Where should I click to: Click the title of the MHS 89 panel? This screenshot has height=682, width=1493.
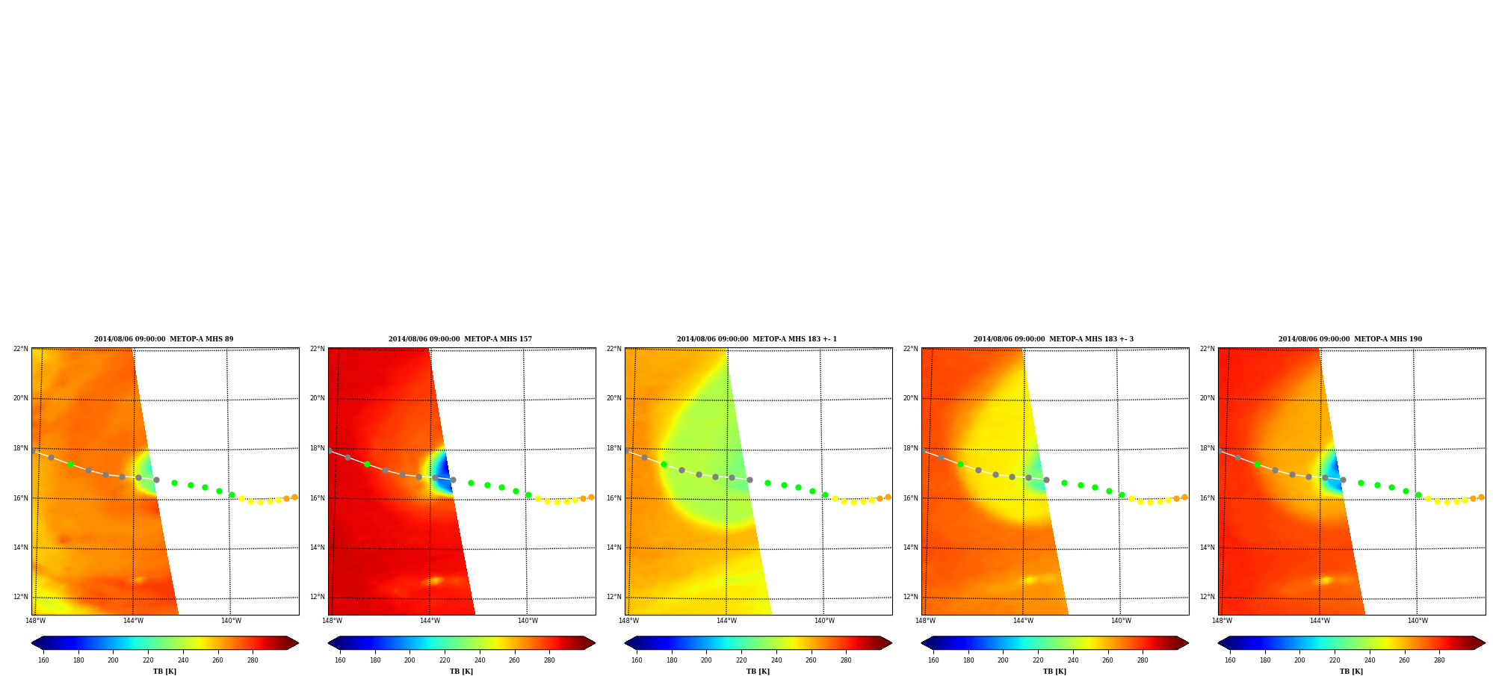point(164,339)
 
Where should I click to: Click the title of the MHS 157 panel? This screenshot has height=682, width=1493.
point(460,339)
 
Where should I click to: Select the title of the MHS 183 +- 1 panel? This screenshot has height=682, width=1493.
point(757,339)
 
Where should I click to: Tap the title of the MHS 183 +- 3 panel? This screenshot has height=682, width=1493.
point(1054,339)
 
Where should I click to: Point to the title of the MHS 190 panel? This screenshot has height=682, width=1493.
point(1350,339)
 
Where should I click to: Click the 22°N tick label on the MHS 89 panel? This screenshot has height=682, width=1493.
point(21,349)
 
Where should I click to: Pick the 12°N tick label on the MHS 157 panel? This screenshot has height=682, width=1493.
point(318,597)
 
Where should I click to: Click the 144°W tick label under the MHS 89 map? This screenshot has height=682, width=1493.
point(133,621)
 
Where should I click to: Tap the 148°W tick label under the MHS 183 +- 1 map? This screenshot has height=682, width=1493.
point(628,621)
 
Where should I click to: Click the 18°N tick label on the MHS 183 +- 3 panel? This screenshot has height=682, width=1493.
point(911,448)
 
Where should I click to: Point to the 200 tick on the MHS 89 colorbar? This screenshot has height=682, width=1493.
point(113,660)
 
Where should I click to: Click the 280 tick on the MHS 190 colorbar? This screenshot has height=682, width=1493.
point(1439,660)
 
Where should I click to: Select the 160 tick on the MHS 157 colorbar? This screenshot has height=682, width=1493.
point(340,660)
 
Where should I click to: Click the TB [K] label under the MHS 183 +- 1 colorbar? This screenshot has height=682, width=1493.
point(758,672)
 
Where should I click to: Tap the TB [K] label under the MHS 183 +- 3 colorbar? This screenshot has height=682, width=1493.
point(1054,672)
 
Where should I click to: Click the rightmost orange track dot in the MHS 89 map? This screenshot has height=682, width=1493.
point(294,497)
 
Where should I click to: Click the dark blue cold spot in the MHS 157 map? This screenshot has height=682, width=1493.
point(445,475)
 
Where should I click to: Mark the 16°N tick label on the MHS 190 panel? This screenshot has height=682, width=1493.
point(1208,498)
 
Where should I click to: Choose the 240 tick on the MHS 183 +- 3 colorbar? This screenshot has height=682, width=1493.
point(1073,660)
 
